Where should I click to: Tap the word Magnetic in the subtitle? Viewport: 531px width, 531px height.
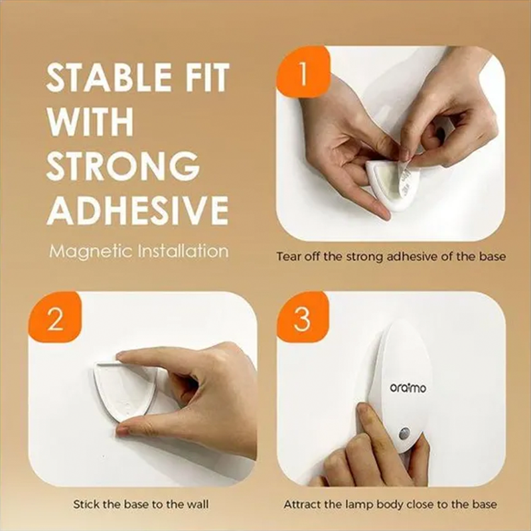90,252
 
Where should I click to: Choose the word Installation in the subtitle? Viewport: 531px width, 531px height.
183,251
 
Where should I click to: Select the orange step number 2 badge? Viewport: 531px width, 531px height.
55,318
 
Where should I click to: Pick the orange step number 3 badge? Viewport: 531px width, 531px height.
303,318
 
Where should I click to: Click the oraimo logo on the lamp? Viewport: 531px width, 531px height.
408,388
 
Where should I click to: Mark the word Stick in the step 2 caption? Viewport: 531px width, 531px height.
86,504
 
